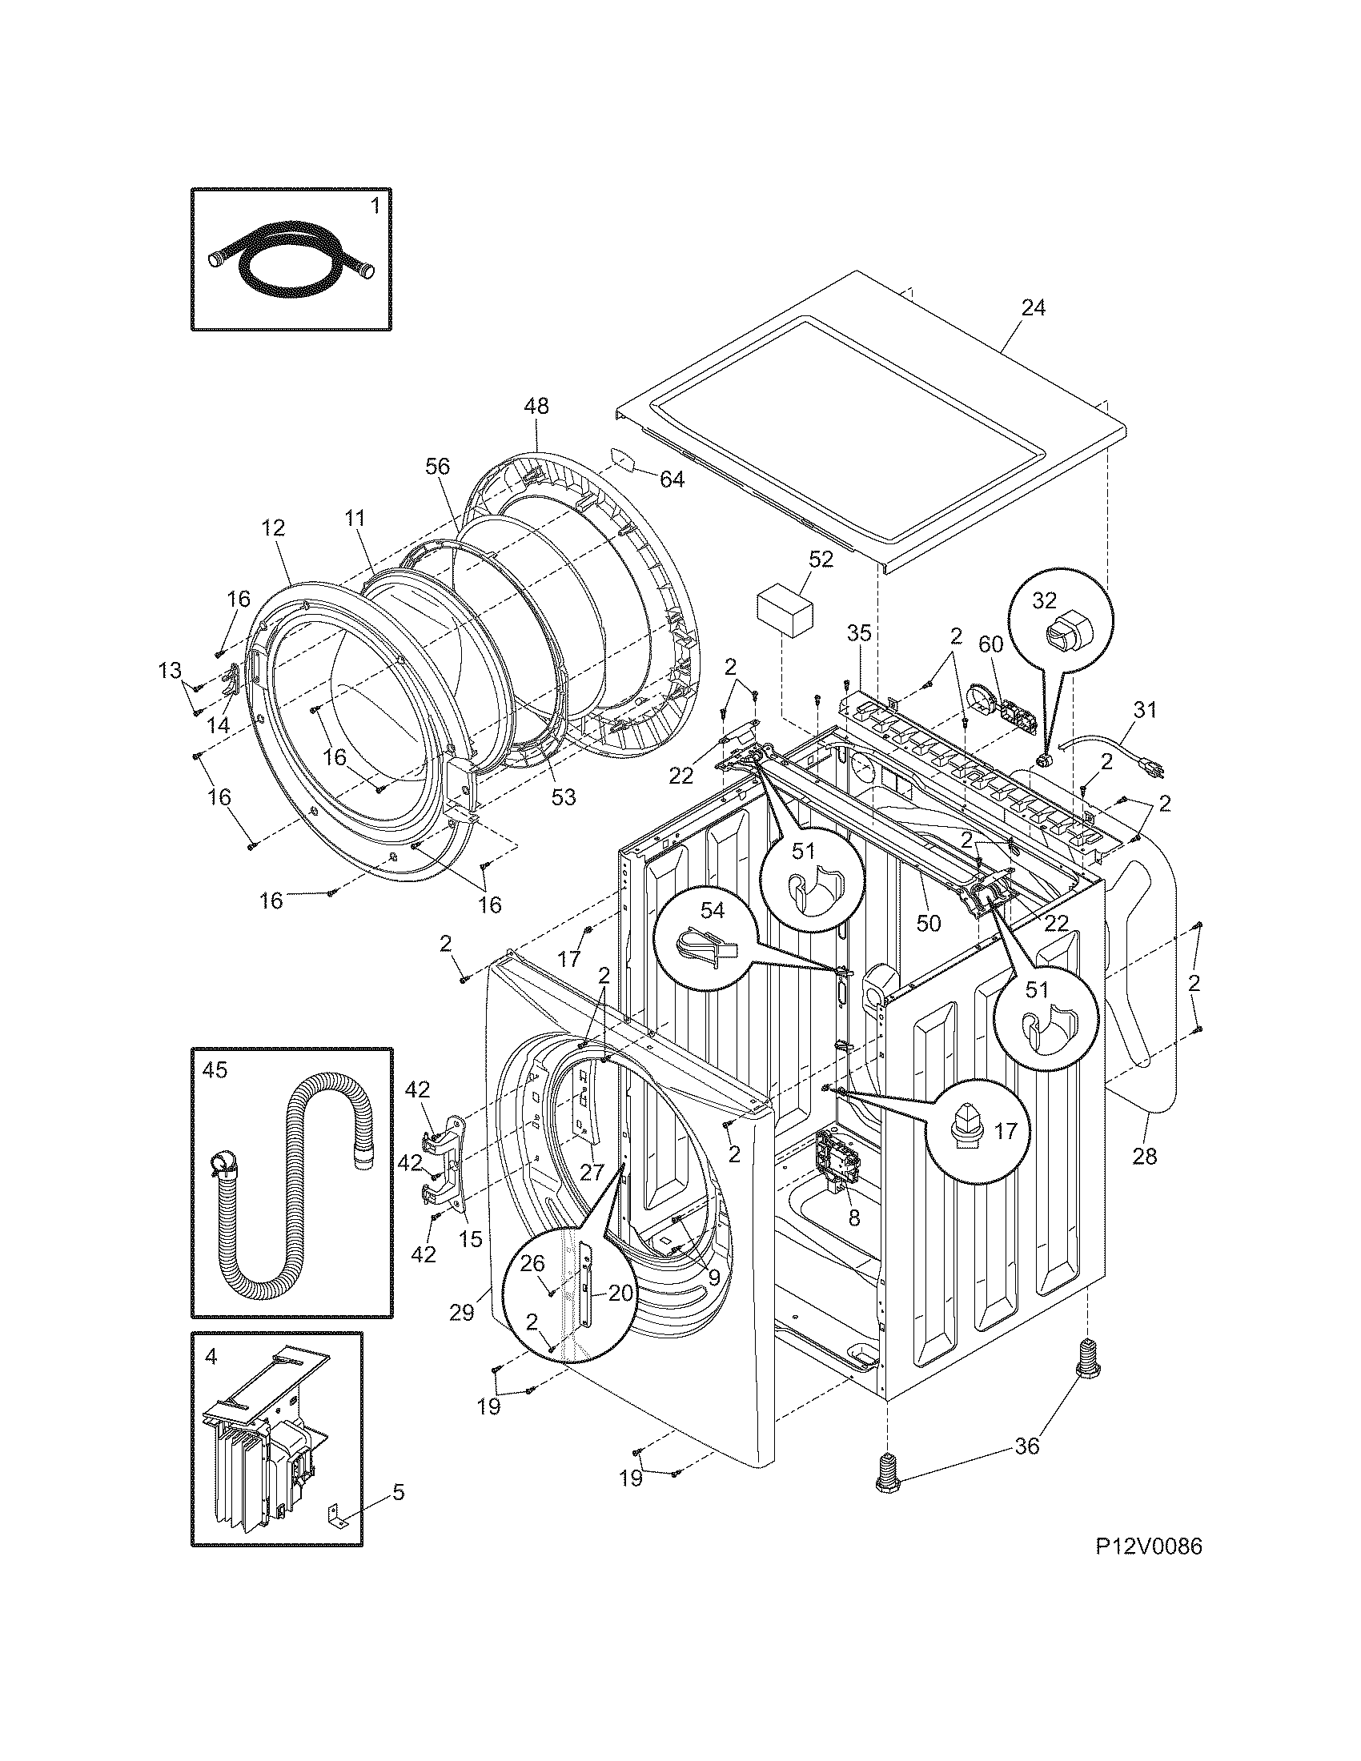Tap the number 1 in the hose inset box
pyautogui.click(x=374, y=207)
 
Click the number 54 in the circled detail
pyautogui.click(x=712, y=910)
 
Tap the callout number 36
pyautogui.click(x=1026, y=1446)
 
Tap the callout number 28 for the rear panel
pyautogui.click(x=1144, y=1157)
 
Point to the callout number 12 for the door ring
pyautogui.click(x=273, y=529)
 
